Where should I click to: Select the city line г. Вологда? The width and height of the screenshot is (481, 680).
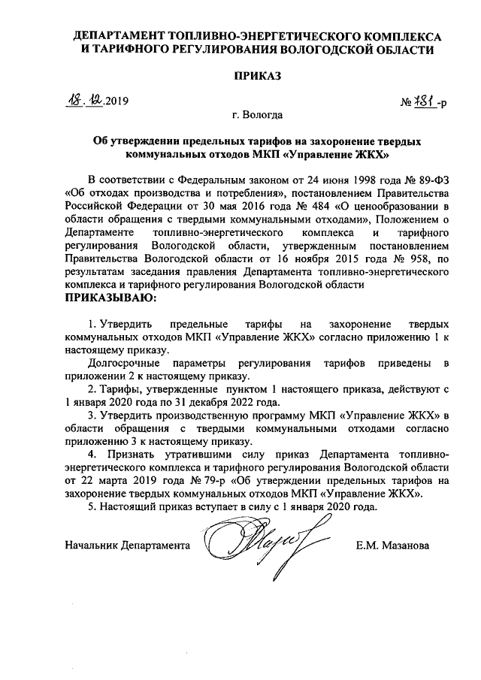[258, 116]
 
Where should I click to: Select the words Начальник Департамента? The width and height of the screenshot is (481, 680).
[127, 545]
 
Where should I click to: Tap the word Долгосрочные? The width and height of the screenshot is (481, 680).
[123, 364]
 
